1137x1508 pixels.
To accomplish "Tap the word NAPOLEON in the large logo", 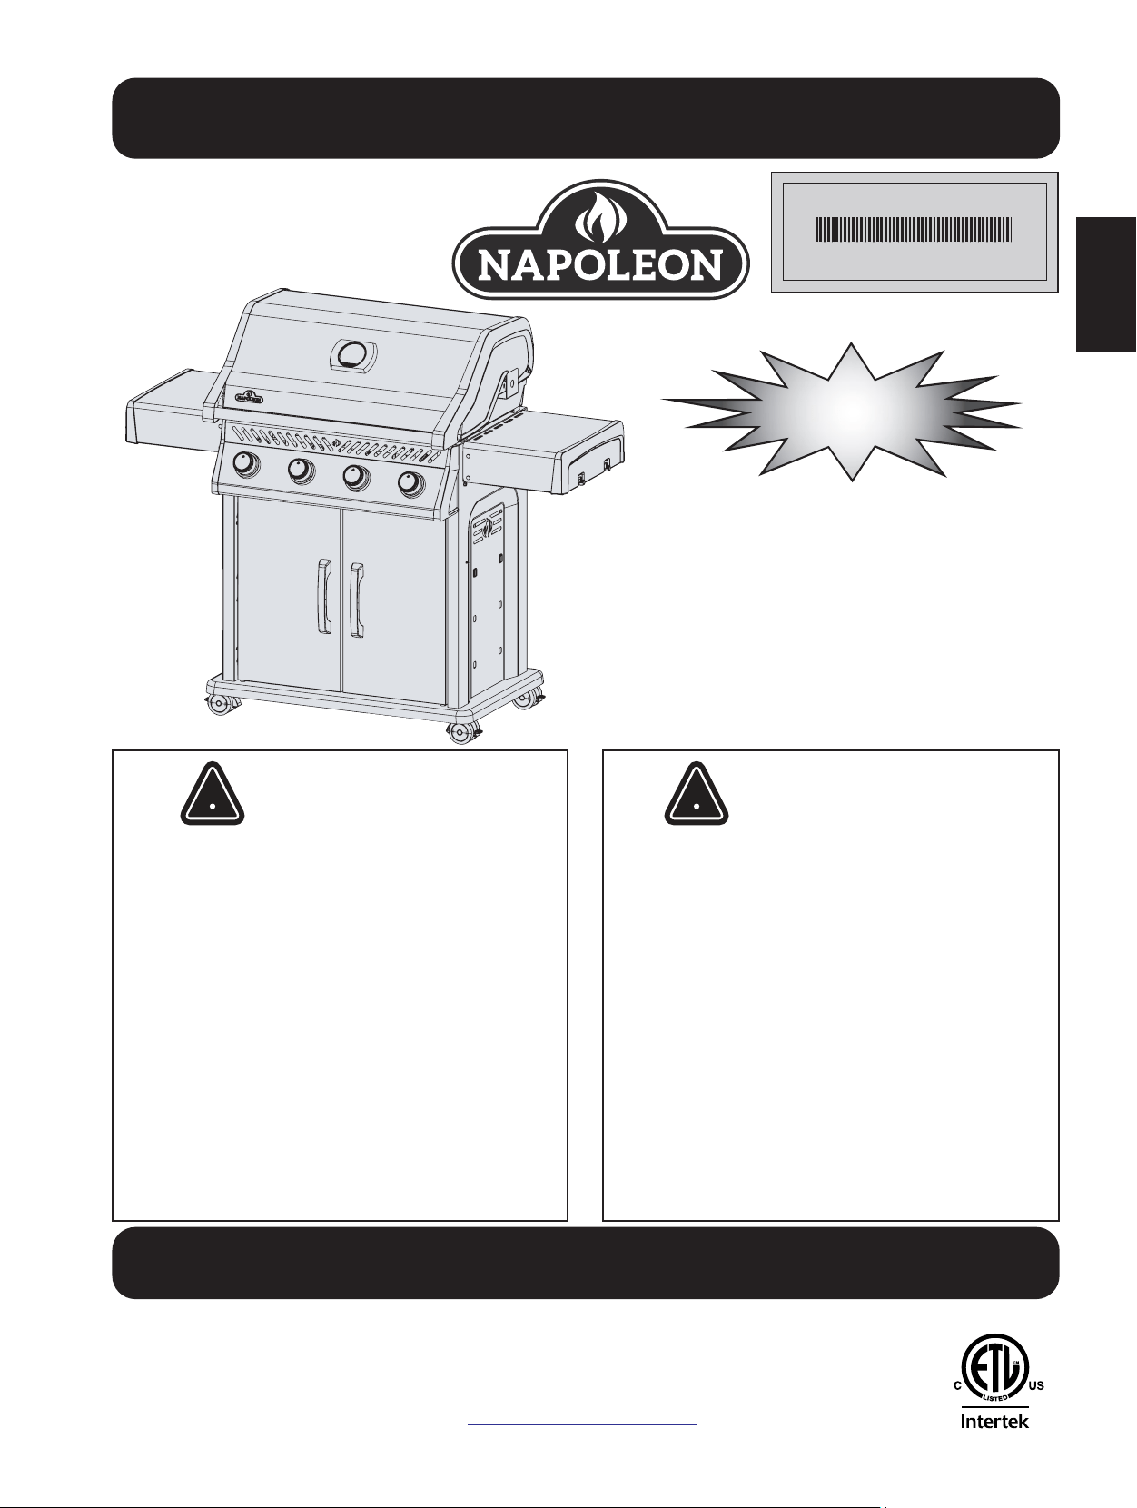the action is (600, 264).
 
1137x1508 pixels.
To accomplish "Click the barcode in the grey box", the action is (914, 230).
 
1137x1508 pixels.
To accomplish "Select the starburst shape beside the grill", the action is (842, 411).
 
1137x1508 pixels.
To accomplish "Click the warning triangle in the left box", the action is (213, 793).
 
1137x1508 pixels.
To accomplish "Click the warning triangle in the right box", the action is (697, 793).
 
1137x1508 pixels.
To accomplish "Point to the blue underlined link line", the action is (582, 1425).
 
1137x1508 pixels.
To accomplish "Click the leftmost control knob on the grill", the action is (246, 466).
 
